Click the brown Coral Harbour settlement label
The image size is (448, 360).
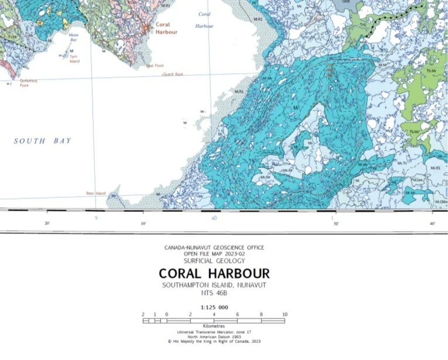tap(166, 29)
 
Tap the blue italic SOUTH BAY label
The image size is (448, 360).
tap(43, 140)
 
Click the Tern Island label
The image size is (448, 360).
tap(74, 60)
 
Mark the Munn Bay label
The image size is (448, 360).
tap(74, 37)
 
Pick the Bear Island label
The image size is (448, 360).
tap(95, 193)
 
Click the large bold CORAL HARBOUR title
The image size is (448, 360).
tap(214, 273)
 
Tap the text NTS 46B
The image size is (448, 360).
tap(214, 294)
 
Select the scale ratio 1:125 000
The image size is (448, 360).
tap(214, 307)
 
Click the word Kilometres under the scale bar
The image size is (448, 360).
tap(214, 325)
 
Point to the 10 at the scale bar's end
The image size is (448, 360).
tap(285, 314)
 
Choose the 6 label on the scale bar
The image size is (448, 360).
tap(238, 314)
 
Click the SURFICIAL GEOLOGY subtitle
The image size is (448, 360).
tap(214, 260)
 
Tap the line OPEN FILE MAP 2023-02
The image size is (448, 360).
tap(214, 253)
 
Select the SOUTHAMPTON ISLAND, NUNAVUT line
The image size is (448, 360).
tap(214, 285)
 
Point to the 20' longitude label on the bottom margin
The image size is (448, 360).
tap(47, 223)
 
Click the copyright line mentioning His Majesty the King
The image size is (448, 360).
tap(214, 341)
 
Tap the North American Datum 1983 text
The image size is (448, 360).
tap(214, 336)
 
